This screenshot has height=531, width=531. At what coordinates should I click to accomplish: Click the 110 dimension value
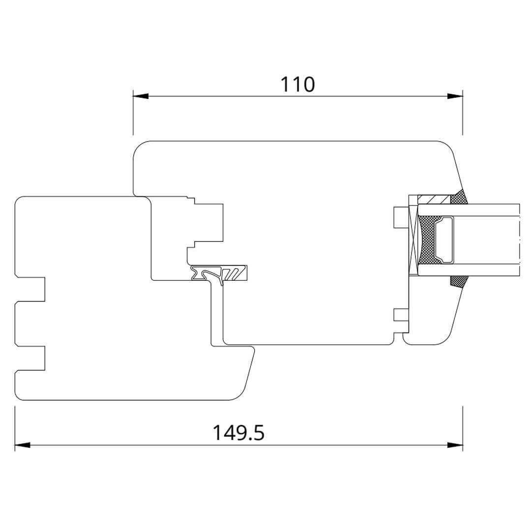(297, 85)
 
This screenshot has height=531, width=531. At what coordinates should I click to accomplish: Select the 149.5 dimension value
(238, 433)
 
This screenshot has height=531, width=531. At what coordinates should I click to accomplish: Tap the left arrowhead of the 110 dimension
(141, 96)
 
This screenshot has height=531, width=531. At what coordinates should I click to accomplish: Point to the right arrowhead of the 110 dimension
(455, 96)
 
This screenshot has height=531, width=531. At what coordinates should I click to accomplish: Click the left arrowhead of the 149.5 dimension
(23, 445)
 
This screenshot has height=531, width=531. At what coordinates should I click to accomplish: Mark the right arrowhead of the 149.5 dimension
(455, 445)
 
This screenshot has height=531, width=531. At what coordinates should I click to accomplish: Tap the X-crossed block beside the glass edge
(413, 240)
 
